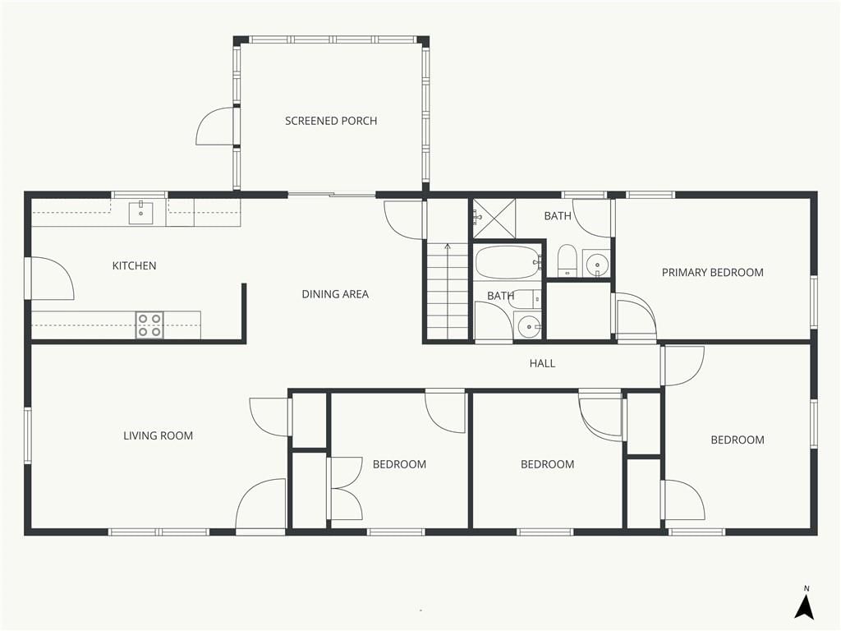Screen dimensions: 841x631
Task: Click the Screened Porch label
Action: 331,121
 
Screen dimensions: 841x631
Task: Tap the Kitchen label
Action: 134,265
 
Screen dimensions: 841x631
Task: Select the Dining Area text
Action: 335,294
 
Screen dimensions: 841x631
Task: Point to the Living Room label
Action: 159,435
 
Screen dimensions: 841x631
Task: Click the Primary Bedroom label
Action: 712,273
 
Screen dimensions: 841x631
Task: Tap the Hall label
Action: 542,363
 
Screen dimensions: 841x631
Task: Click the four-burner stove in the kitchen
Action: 149,325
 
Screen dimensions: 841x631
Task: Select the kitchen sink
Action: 141,213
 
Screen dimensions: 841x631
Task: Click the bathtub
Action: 508,262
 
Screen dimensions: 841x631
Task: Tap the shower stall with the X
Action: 494,219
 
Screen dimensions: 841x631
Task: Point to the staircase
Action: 448,291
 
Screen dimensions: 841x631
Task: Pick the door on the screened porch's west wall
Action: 216,126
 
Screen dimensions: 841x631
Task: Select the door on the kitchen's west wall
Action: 50,279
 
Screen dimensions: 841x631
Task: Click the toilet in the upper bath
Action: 567,260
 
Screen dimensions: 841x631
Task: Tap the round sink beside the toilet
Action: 596,264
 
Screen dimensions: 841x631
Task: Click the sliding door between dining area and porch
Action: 332,195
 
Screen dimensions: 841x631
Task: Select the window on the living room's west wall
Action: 28,435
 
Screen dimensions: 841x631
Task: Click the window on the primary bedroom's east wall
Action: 814,301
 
